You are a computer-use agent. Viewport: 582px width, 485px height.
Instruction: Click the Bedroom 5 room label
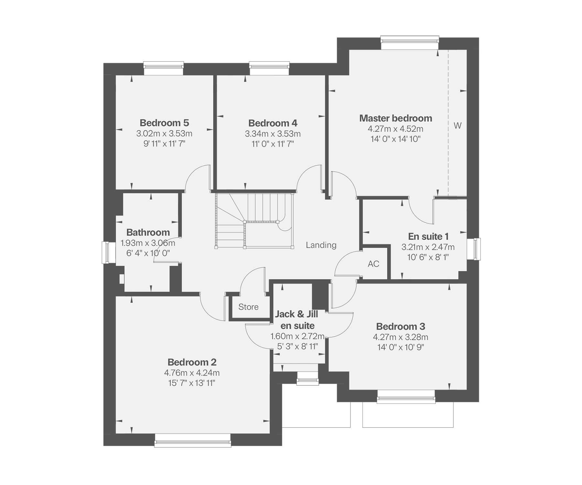point(164,123)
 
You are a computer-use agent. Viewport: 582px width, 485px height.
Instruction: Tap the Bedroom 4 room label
point(273,123)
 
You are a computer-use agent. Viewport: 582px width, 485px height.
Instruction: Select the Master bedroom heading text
point(396,118)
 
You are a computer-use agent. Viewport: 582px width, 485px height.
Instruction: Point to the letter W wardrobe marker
point(458,125)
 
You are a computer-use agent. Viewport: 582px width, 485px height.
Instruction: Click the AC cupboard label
point(373,264)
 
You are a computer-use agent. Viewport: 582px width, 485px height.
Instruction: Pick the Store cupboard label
point(248,307)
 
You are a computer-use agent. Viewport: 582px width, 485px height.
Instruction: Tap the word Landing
point(321,245)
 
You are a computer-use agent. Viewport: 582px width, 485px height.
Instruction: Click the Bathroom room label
point(148,232)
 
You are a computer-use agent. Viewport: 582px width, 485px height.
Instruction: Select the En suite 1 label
point(428,236)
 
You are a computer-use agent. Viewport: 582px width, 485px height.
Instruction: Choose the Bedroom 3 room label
point(401,326)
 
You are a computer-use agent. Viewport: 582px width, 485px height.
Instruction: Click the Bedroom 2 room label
point(192,362)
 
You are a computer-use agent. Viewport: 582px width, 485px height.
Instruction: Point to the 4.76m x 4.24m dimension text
point(192,373)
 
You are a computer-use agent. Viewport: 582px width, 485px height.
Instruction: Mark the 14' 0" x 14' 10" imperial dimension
point(396,139)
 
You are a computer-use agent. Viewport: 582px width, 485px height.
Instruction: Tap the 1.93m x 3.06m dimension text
point(148,243)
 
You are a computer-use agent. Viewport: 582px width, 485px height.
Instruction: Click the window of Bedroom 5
point(164,69)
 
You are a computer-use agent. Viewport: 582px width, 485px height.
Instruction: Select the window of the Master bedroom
point(410,43)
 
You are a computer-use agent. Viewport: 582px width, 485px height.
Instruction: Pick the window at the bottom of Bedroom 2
point(193,440)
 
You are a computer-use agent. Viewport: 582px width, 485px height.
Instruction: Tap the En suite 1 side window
point(474,249)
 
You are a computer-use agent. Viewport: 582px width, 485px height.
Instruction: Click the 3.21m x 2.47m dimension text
point(428,247)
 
